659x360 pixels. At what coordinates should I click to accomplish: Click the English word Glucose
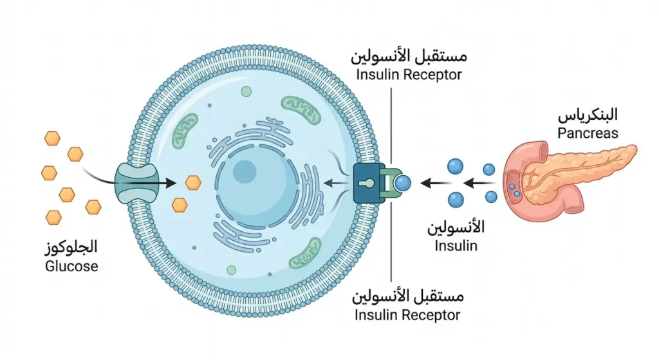(x=71, y=266)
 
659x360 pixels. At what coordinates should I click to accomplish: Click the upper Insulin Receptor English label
(x=409, y=74)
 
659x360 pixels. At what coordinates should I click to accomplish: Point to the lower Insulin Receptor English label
(x=408, y=315)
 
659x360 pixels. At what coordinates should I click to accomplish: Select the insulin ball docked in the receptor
(x=403, y=184)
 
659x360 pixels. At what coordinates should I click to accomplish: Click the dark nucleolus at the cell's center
(x=245, y=172)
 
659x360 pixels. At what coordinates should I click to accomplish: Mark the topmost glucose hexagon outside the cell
(x=52, y=138)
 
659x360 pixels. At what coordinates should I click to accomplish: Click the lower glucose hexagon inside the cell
(x=180, y=205)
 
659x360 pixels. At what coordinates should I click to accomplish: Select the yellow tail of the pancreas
(x=605, y=157)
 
